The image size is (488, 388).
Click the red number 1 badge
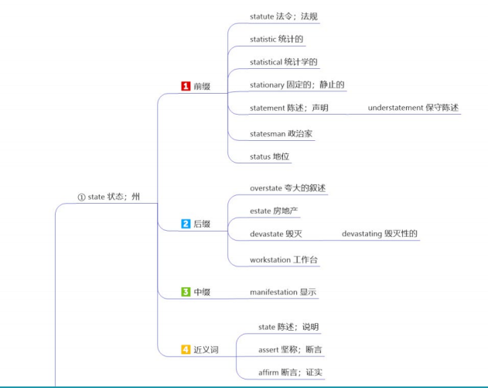coord(186,87)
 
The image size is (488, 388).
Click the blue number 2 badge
coord(186,224)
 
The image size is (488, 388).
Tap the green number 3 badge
coord(186,292)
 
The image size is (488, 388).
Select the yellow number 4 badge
coord(186,349)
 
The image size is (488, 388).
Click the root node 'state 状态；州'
coord(109,197)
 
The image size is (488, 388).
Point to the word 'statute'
coord(262,15)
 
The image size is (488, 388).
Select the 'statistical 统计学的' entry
coord(284,62)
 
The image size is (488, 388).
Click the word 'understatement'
coord(395,108)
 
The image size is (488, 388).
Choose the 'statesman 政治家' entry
coord(282,133)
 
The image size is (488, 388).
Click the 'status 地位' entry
coord(270,156)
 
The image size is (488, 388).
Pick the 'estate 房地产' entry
coord(275,211)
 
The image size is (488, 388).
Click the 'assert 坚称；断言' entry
coord(290,349)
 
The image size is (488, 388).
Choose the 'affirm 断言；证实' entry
coord(290,373)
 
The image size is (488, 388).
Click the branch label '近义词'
coord(206,349)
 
